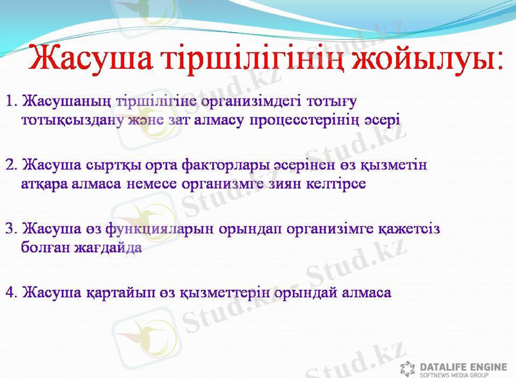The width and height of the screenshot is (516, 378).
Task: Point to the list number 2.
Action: pos(10,164)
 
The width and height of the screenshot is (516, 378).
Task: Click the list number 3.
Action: pos(10,228)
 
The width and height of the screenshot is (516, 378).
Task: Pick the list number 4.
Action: pos(10,292)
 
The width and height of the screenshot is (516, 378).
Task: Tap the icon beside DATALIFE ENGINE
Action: pos(408,368)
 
